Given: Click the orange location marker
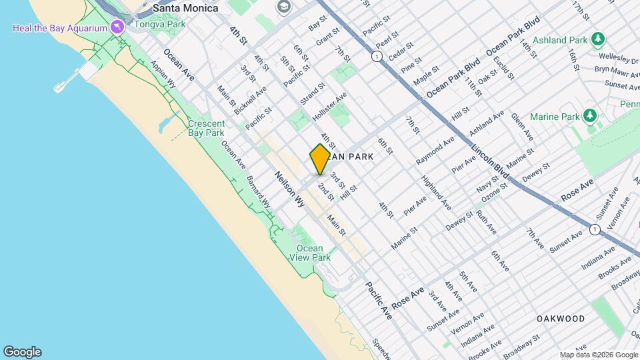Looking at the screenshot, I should (x=320, y=159).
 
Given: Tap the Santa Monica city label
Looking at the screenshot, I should (x=185, y=8).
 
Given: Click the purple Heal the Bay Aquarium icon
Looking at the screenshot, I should (x=118, y=27).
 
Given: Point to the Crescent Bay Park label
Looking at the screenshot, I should (x=205, y=128).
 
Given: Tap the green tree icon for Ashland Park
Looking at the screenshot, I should (x=599, y=39).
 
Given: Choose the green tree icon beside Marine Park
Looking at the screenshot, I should (x=589, y=116).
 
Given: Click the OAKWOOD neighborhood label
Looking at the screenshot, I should (x=561, y=319).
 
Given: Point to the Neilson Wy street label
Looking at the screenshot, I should (x=290, y=189).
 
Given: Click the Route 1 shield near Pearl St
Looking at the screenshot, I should (x=377, y=57).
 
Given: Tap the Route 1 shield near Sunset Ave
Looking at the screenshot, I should (x=595, y=229).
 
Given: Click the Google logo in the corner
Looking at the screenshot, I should (x=22, y=352).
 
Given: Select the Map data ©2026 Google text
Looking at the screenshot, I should (x=598, y=355).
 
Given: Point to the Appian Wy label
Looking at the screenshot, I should (x=163, y=76).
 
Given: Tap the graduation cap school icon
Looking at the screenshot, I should (x=283, y=6).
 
